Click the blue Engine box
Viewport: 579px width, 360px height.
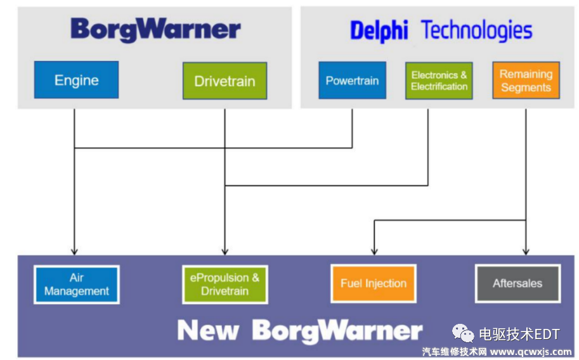[76, 80]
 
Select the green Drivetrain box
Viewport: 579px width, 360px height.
[224, 80]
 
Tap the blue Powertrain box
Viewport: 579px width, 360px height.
[352, 80]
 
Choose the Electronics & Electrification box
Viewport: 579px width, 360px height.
[439, 80]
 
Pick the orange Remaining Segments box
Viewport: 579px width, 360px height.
[526, 80]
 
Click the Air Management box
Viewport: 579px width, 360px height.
[76, 284]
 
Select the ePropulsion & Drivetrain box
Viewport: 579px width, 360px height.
[224, 284]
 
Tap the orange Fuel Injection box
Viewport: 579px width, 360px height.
[373, 283]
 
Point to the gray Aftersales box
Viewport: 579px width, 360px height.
[517, 283]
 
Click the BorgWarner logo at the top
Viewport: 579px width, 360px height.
[155, 30]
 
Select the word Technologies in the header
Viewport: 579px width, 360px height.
[477, 30]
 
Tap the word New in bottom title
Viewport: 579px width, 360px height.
[208, 330]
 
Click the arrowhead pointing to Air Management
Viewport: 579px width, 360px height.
[74, 251]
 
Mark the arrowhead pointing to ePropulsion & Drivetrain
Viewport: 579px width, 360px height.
[224, 251]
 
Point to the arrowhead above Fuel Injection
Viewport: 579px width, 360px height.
[374, 251]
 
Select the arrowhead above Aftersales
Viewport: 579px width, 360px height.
[526, 251]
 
